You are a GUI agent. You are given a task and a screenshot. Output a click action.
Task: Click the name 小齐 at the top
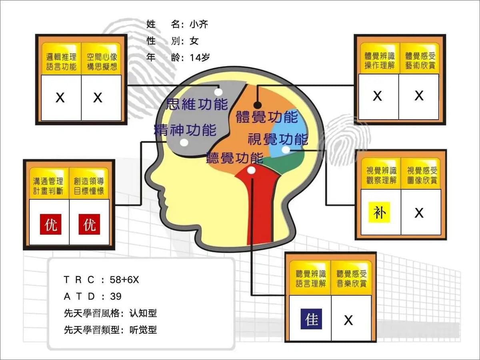(199, 24)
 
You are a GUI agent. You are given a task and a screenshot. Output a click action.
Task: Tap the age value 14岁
(200, 58)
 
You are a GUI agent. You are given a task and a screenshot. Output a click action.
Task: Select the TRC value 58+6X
(124, 280)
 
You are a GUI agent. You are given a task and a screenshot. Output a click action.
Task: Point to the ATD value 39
(116, 296)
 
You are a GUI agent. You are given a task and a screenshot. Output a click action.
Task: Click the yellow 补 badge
(380, 212)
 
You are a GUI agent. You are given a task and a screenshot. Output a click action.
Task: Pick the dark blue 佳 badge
(311, 319)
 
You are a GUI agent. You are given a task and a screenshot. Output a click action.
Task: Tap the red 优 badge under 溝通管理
(50, 224)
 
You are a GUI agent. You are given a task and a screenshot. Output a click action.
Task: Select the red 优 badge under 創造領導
(89, 224)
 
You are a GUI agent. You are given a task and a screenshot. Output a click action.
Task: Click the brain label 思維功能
(197, 104)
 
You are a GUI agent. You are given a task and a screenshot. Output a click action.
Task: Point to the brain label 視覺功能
(278, 139)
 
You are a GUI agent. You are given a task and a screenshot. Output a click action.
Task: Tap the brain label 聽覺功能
(235, 158)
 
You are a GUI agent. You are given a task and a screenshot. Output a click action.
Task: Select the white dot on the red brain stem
(251, 170)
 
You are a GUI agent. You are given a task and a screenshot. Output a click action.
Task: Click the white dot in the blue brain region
(286, 150)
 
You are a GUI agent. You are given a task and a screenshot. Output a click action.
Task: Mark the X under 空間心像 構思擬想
(98, 98)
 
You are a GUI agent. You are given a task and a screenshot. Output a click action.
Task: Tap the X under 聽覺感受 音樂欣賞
(348, 320)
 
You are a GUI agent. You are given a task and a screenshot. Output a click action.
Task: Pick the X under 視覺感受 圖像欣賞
(419, 213)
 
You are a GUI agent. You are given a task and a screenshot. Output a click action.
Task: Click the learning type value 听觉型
(143, 330)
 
